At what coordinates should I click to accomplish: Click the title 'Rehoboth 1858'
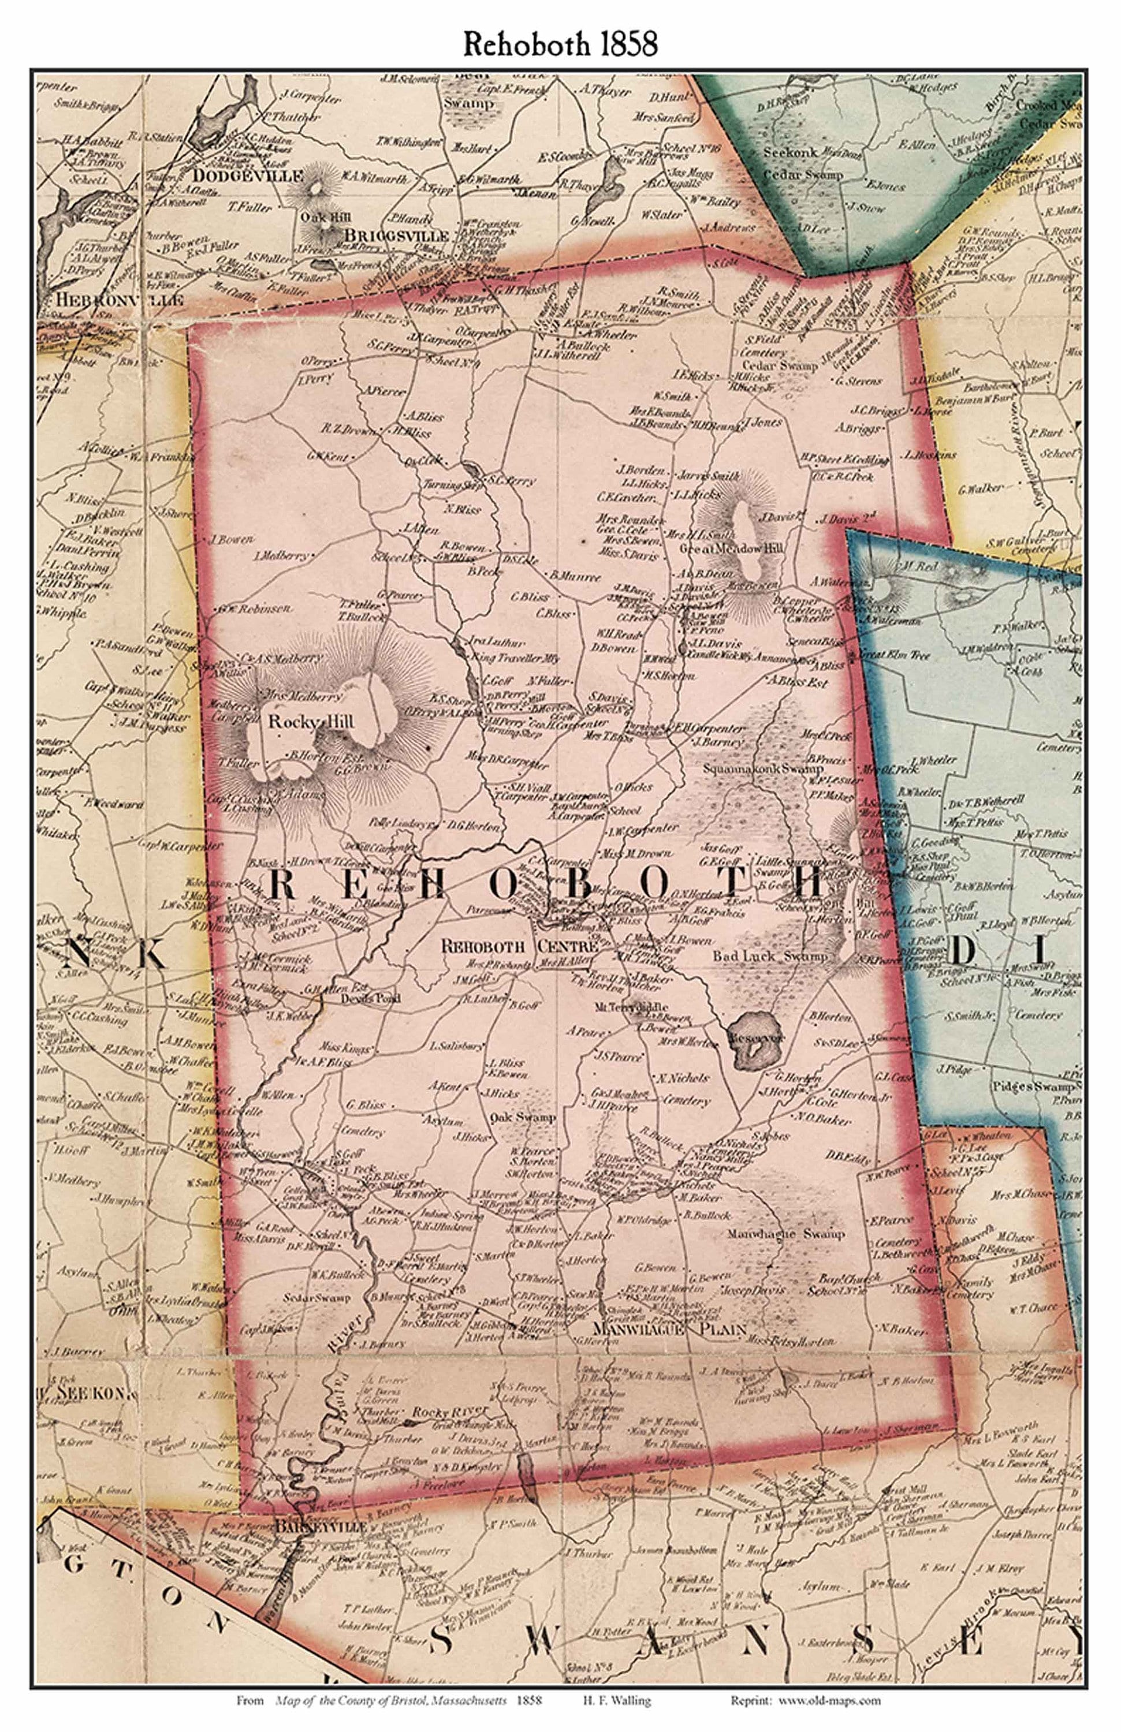coord(560,44)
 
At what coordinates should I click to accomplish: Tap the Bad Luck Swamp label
coord(769,956)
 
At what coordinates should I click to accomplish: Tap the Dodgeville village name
coord(248,176)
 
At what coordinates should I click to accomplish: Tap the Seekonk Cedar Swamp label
coord(803,164)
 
